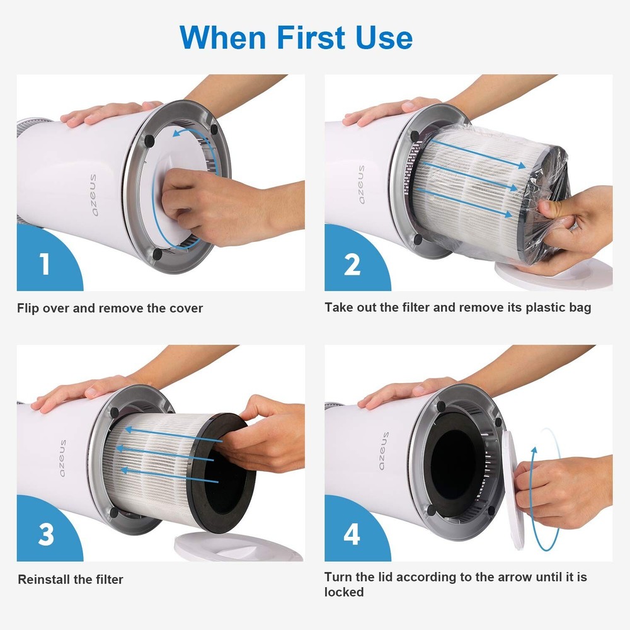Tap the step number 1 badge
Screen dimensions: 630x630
(44, 264)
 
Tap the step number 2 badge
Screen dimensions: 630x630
(352, 264)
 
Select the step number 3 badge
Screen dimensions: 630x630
(45, 534)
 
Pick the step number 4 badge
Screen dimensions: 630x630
(352, 534)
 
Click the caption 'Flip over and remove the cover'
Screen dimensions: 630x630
(110, 308)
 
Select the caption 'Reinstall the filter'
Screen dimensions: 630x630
(71, 579)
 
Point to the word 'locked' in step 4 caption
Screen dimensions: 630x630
(344, 592)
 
